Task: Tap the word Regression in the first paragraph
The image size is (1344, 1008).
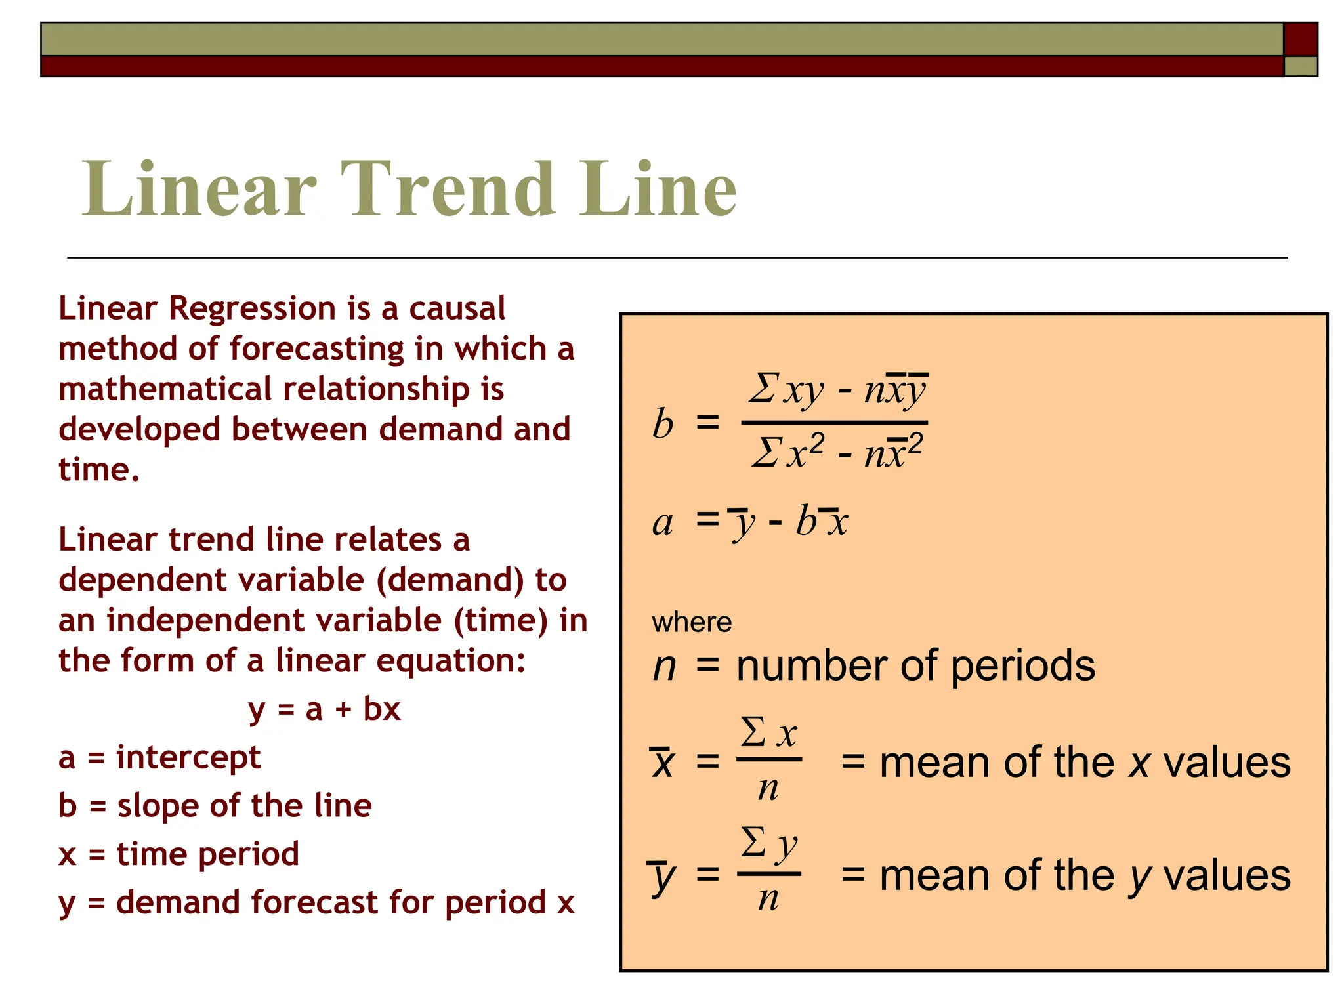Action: coord(253,308)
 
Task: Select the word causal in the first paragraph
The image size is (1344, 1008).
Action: coord(457,308)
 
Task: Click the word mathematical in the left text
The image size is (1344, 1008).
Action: coord(165,389)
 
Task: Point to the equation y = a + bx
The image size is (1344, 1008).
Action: coord(324,709)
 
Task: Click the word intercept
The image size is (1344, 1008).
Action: coord(188,758)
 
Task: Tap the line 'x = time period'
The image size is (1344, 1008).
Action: coord(178,854)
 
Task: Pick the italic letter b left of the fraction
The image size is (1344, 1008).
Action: coord(663,423)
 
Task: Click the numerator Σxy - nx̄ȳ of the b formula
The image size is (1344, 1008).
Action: coord(838,390)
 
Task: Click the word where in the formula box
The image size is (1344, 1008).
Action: coord(692,621)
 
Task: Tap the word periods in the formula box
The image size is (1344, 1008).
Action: coord(1022,666)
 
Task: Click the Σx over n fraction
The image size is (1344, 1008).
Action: coord(769,760)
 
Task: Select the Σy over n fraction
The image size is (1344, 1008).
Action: coord(769,871)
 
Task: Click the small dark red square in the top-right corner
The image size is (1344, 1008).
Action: coord(1300,39)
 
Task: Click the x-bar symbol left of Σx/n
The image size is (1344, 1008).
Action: coord(663,763)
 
